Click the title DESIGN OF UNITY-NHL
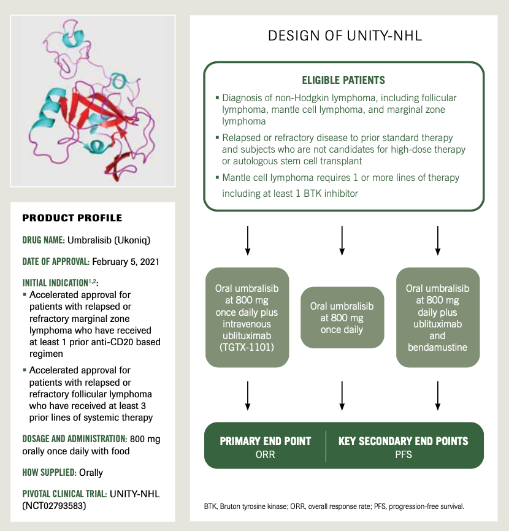[x=345, y=36]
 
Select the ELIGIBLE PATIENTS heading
[x=343, y=80]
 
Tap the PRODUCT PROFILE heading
[x=72, y=218]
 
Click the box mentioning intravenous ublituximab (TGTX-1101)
[x=247, y=317]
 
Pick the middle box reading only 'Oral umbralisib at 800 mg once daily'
[x=342, y=317]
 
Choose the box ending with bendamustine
[x=437, y=317]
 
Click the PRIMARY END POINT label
[x=266, y=441]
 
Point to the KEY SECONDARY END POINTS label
[x=404, y=441]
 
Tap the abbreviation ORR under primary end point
[x=266, y=454]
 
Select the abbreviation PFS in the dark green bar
[x=404, y=454]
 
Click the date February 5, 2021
[x=126, y=261]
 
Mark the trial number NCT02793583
[x=55, y=506]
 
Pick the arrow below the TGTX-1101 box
[x=247, y=395]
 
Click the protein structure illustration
[x=93, y=101]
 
